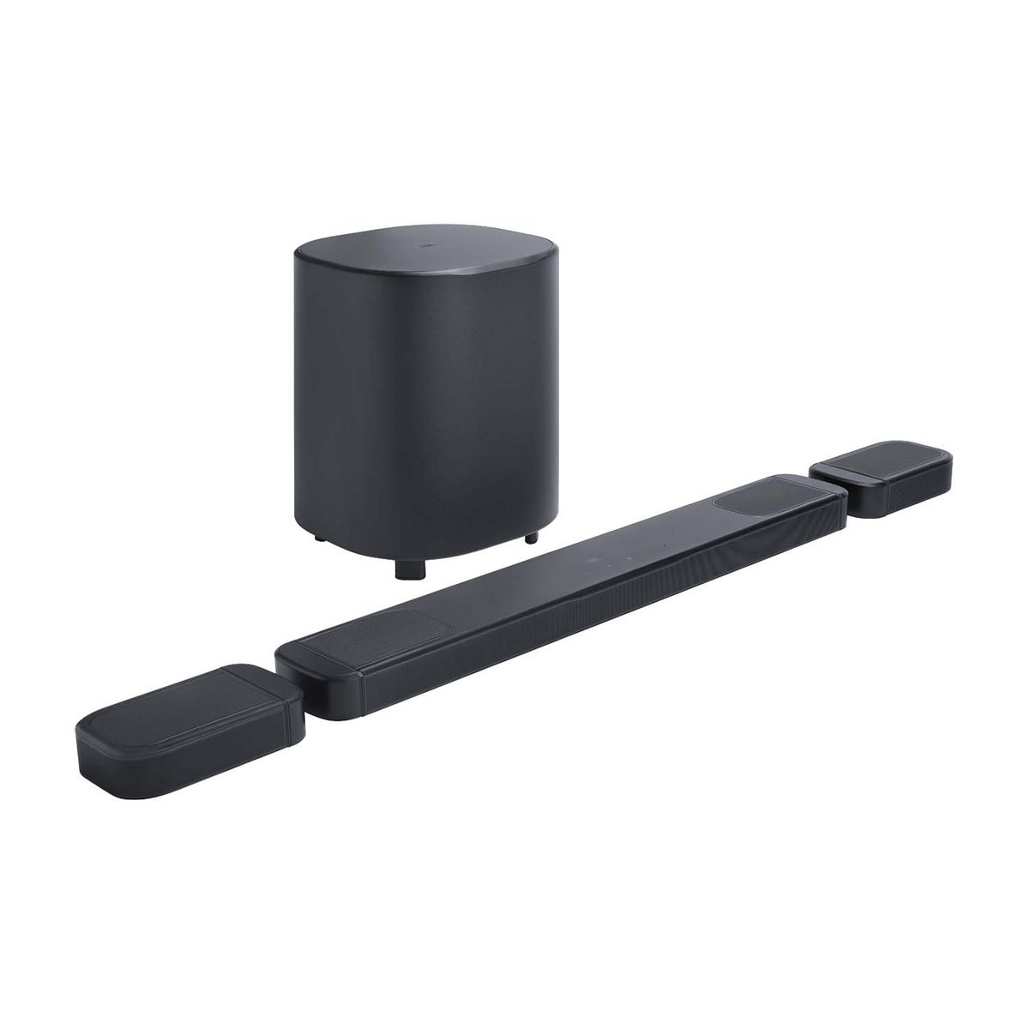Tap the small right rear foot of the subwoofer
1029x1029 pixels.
point(532,538)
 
